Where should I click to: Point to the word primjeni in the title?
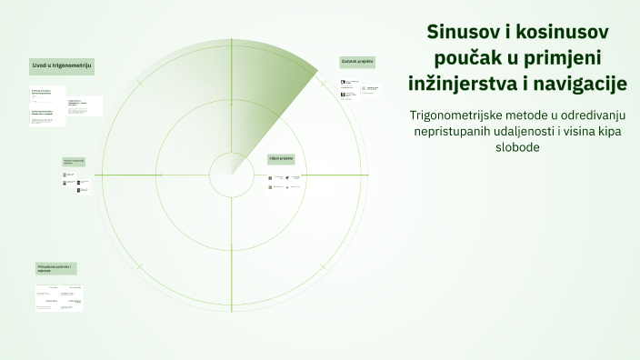click(x=569, y=58)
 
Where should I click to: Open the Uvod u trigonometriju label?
click(x=62, y=65)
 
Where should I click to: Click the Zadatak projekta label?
click(x=357, y=62)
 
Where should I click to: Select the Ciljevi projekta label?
click(x=281, y=158)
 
